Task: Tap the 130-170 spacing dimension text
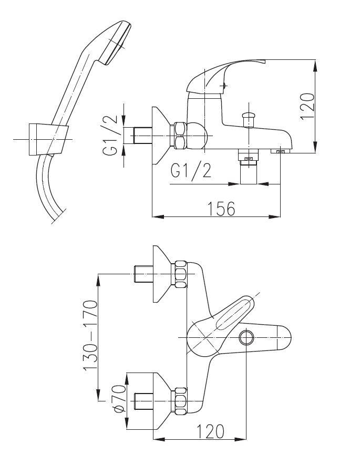(90, 336)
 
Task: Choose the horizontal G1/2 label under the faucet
(191, 171)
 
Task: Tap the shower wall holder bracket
(47, 139)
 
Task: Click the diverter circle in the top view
(246, 337)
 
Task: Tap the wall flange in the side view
(159, 136)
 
